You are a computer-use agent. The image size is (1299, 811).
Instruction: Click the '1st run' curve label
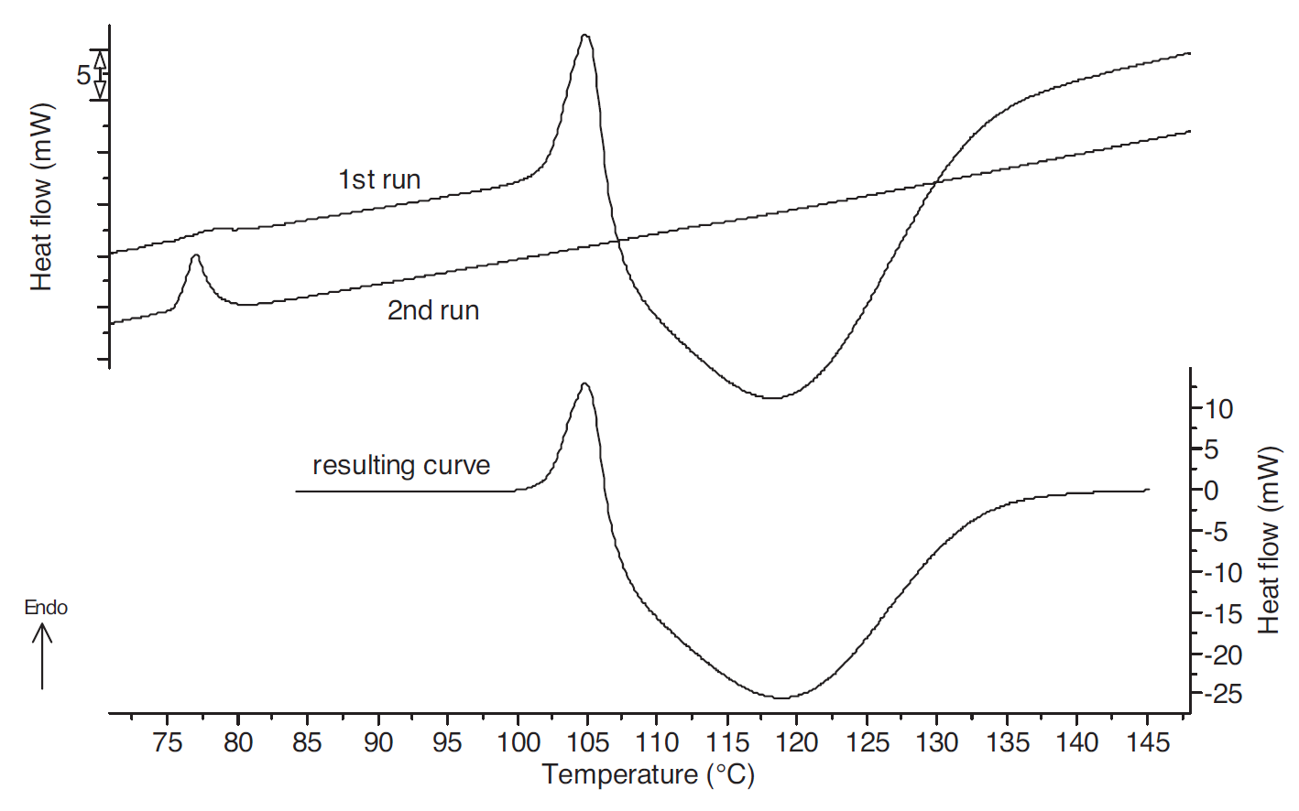[x=379, y=179]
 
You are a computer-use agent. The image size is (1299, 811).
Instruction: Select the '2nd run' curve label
[x=433, y=310]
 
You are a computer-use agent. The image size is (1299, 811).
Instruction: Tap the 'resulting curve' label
[x=401, y=465]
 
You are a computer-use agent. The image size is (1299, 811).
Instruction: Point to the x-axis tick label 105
[x=587, y=741]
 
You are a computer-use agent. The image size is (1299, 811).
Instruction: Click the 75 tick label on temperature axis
[x=168, y=741]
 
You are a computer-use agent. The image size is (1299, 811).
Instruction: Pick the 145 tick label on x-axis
[x=1147, y=741]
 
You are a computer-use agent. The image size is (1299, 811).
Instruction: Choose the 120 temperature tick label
[x=797, y=741]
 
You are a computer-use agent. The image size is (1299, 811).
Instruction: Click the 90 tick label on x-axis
[x=377, y=741]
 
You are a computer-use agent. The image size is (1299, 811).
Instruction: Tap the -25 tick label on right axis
[x=1222, y=695]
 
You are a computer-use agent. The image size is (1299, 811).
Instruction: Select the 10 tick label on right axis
[x=1219, y=409]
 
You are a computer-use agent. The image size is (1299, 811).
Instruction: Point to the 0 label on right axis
[x=1212, y=491]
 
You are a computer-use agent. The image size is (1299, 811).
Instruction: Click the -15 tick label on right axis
[x=1222, y=613]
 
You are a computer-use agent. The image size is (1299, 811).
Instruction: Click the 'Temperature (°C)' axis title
[x=648, y=775]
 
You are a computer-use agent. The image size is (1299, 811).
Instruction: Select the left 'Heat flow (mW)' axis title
[x=42, y=197]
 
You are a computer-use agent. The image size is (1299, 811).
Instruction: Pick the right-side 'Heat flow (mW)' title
[x=1269, y=540]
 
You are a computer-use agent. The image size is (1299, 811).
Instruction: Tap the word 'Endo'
[x=46, y=608]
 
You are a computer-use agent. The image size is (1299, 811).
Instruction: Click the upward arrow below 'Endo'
[x=42, y=655]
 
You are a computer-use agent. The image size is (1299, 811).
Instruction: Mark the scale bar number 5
[x=83, y=75]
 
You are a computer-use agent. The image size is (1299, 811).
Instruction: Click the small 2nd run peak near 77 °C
[x=195, y=257]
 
